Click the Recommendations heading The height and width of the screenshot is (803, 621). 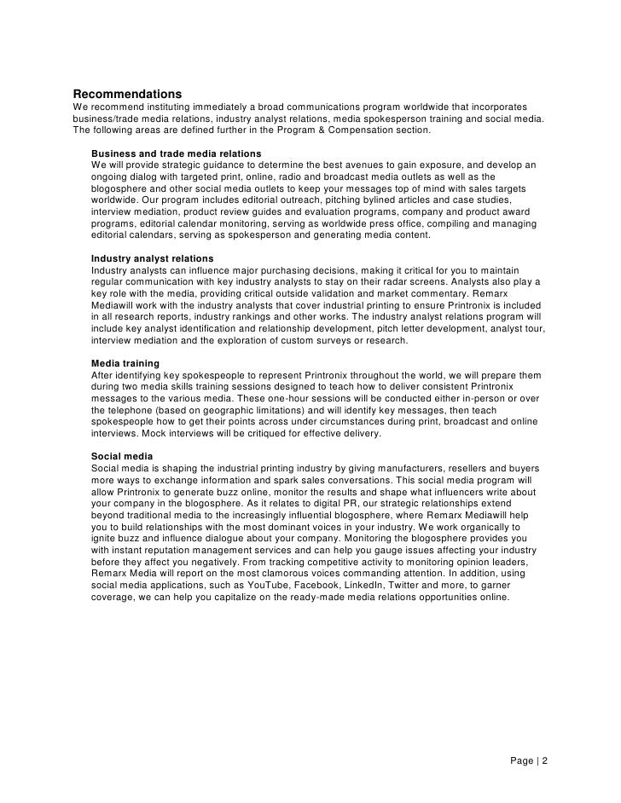click(x=127, y=92)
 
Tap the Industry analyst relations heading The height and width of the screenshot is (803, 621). click(x=152, y=258)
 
